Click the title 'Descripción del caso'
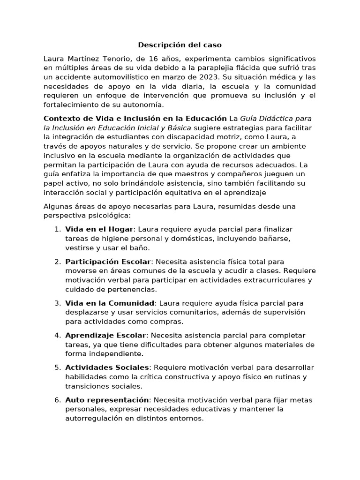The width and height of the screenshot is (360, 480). tap(180, 45)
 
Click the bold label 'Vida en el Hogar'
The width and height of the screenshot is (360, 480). tap(99, 229)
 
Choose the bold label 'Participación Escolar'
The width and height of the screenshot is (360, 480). tap(108, 262)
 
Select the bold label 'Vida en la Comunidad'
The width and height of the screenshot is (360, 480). tap(110, 303)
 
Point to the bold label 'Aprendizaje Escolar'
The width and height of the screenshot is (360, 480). tap(106, 335)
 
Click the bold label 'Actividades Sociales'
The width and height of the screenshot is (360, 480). tap(107, 367)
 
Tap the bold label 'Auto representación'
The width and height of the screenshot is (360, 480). tap(107, 400)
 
